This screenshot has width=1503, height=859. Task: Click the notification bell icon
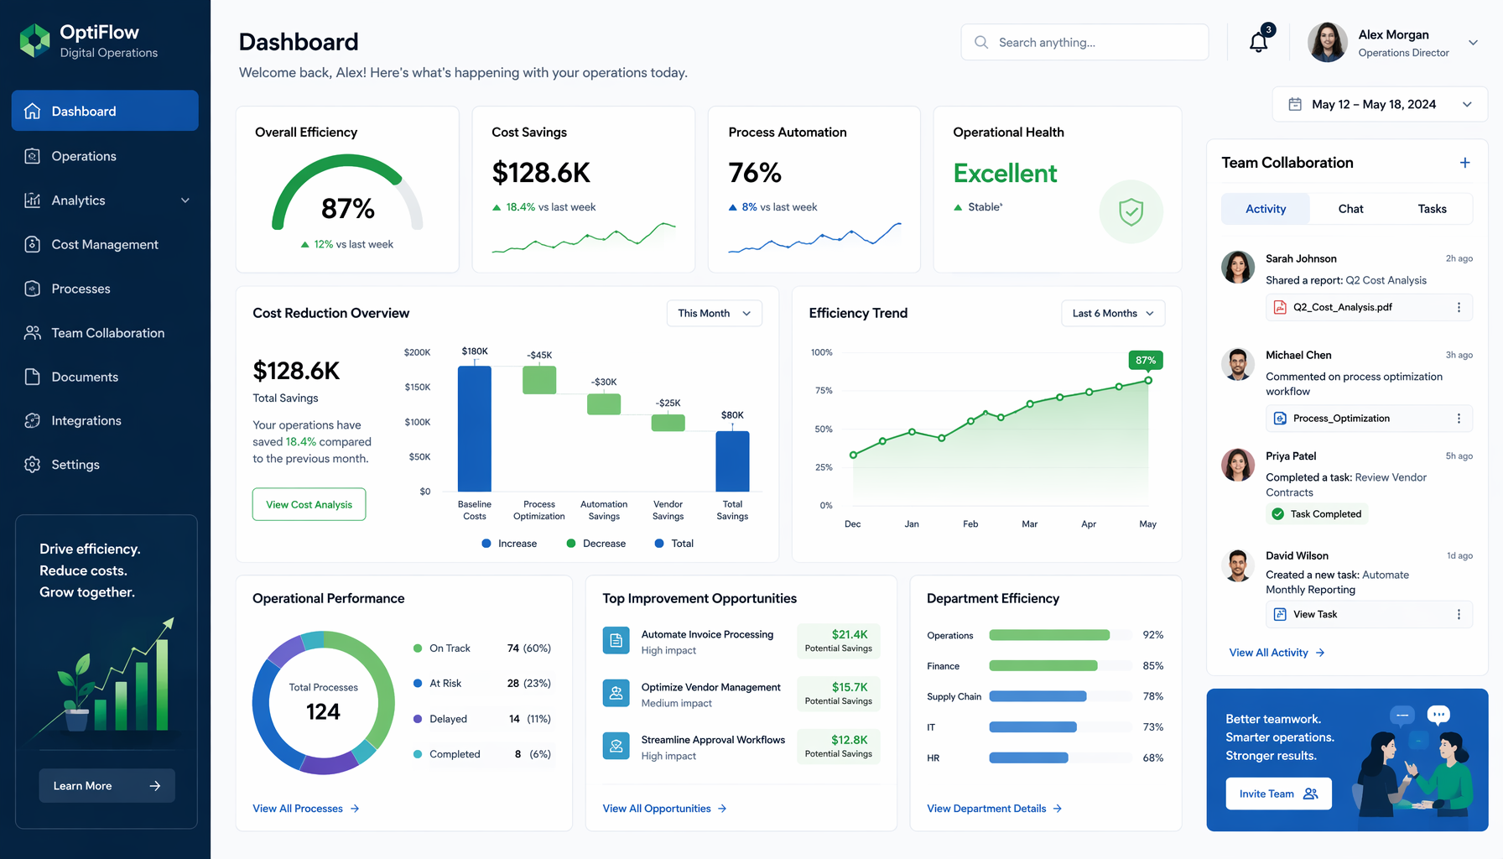[1258, 42]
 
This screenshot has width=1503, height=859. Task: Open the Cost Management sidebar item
[105, 244]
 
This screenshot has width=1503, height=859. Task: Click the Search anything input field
[1084, 42]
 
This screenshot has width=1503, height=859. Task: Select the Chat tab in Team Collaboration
[1350, 209]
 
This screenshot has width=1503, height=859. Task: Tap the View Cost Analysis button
[309, 504]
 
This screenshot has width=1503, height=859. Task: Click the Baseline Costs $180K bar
[475, 429]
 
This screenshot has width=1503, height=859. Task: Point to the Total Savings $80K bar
[732, 461]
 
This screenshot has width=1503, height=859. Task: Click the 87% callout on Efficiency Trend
[1146, 360]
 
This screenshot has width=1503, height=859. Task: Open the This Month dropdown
[715, 313]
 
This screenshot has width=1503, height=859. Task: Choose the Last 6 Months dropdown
[1113, 313]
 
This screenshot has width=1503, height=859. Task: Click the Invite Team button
[1278, 794]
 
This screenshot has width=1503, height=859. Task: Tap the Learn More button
[107, 786]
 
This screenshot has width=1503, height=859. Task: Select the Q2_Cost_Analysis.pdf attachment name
[1343, 307]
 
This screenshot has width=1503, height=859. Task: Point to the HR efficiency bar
[1028, 757]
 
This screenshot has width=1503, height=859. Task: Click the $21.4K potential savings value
[850, 634]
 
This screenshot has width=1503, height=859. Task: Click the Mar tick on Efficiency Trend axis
[1029, 524]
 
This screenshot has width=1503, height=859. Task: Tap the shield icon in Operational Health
[1131, 211]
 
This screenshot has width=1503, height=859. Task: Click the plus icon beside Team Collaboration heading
[1464, 163]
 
